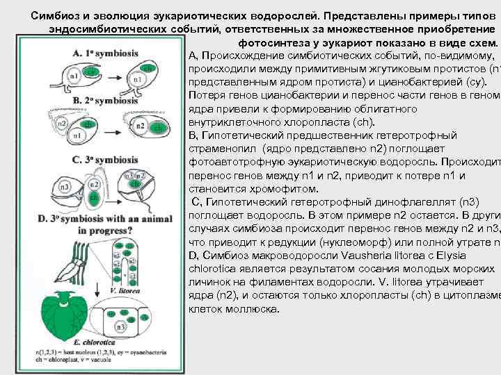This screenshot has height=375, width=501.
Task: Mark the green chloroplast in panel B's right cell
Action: pyautogui.click(x=159, y=128)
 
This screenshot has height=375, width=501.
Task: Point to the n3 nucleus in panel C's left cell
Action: pyautogui.click(x=65, y=187)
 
